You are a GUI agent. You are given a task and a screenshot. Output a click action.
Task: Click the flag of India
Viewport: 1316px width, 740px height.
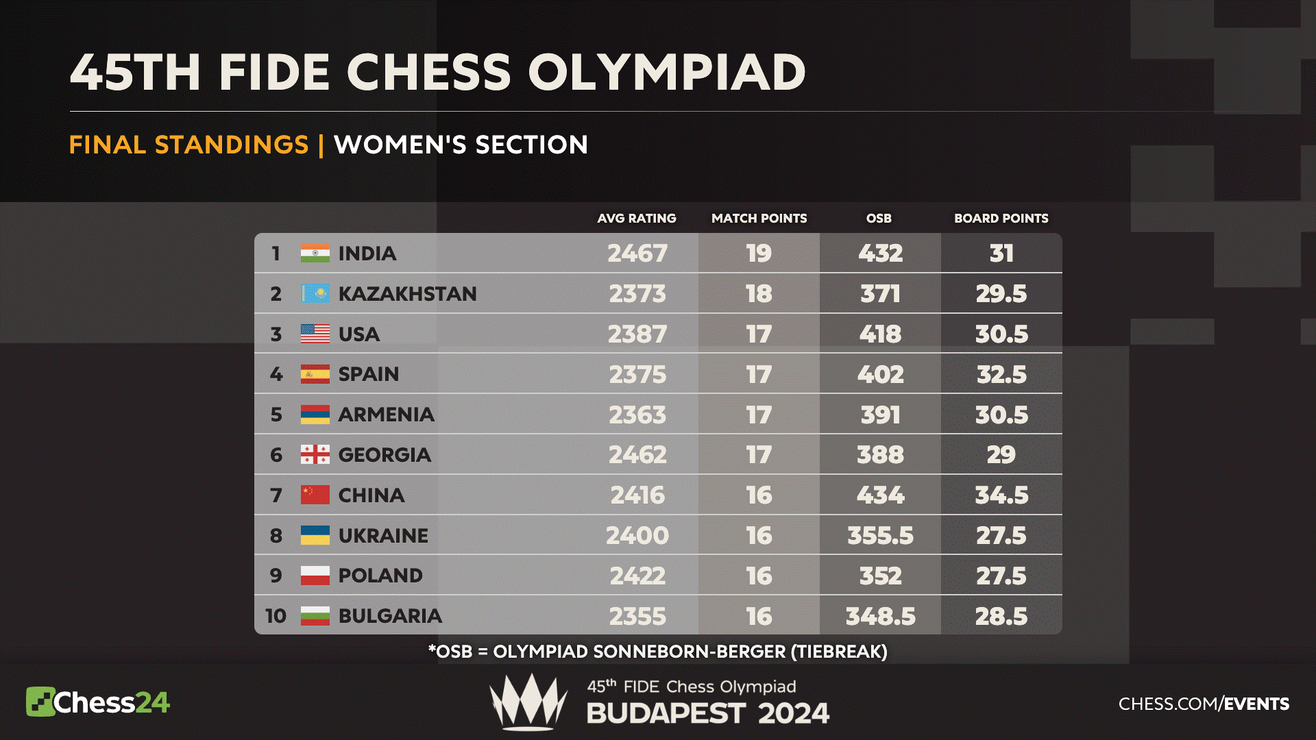315,254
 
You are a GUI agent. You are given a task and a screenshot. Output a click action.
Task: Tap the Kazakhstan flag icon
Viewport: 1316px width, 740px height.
315,294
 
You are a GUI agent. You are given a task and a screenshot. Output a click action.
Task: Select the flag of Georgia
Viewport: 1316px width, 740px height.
315,455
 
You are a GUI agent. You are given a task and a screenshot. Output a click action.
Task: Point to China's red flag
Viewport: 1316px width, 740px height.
315,495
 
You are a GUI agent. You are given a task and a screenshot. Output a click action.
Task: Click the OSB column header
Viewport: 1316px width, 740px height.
879,219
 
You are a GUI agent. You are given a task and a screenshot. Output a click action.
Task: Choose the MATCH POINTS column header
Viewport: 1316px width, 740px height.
759,219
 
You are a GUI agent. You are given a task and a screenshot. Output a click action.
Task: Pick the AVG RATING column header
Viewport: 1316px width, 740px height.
637,219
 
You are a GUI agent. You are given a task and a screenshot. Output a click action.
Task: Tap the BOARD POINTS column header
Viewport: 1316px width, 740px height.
1001,219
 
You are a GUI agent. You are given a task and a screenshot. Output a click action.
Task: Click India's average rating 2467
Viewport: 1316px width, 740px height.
637,254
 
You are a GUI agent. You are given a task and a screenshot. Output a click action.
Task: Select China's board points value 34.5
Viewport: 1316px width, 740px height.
1001,495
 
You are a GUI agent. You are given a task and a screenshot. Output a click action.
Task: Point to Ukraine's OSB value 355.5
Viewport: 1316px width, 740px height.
880,536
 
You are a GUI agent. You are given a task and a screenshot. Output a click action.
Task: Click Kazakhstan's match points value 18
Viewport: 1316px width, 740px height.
759,294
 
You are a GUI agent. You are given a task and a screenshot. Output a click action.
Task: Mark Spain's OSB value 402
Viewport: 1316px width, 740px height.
880,375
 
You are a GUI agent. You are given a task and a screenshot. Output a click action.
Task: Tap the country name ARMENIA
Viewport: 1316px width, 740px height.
387,415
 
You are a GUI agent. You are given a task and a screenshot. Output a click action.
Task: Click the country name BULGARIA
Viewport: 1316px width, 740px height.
390,616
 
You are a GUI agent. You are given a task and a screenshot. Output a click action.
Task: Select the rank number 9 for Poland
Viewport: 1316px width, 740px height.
276,576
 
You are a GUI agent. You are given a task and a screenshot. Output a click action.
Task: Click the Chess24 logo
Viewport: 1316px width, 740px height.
97,702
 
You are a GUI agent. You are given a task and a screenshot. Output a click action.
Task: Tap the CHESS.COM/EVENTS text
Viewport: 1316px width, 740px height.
1204,704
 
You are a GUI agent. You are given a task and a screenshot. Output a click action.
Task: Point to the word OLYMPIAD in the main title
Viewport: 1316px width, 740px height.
666,72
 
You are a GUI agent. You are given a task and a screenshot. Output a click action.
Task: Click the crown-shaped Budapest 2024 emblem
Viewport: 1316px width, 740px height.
528,702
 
